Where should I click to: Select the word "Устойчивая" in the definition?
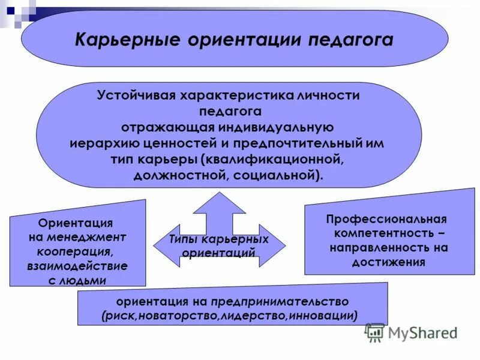pyautogui.click(x=133, y=96)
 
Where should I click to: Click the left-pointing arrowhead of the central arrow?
pyautogui.click(x=161, y=245)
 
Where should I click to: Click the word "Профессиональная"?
pyautogui.click(x=386, y=220)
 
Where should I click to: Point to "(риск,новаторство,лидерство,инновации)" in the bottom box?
pyautogui.click(x=230, y=315)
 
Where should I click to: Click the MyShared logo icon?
pyautogui.click(x=375, y=332)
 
